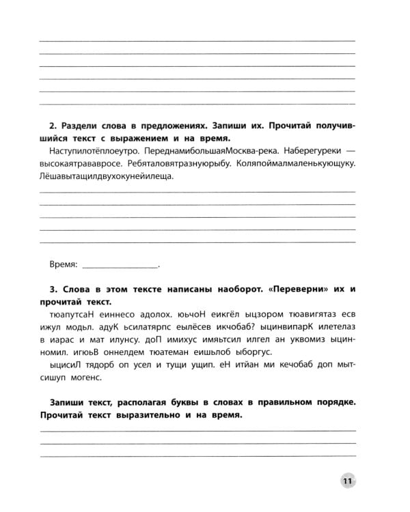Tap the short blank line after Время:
click(x=120, y=266)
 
